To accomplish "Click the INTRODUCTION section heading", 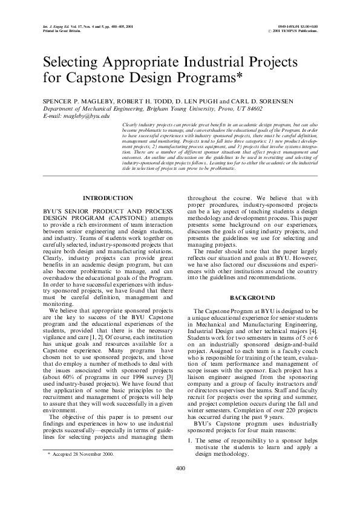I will [108, 198].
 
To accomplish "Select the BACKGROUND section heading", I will [252, 298].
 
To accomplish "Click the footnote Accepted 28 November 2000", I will [81, 470].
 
